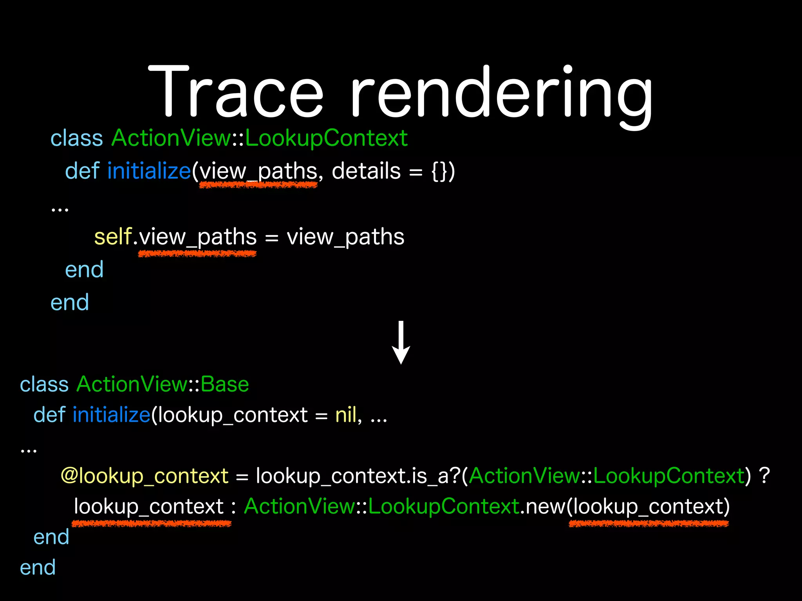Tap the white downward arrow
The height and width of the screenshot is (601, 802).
pos(401,343)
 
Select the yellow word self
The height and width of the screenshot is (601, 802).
pos(113,237)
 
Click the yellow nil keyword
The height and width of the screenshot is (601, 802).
pos(346,415)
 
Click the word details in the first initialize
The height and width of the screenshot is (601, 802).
pos(366,171)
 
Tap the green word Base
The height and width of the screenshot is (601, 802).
pos(225,384)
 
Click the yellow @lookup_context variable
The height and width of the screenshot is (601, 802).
pos(145,476)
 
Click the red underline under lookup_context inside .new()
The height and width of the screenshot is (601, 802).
pos(648,524)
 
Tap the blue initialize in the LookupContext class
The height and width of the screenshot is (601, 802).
pos(149,171)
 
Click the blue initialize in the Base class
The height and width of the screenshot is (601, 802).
pos(112,415)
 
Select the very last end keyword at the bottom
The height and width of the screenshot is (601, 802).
pos(38,568)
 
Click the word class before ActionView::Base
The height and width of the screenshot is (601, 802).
pos(44,384)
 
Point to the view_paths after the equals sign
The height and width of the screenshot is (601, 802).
pos(345,237)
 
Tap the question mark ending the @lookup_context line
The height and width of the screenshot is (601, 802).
pos(764,476)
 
